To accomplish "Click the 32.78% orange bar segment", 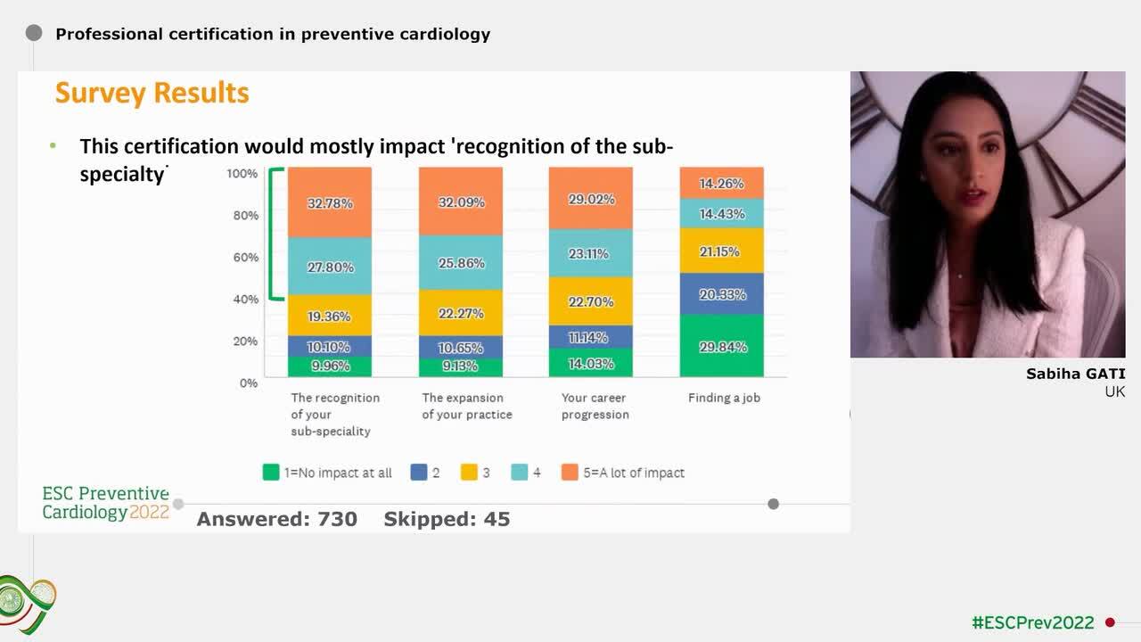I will click(330, 203).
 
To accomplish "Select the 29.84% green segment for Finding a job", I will click(722, 346).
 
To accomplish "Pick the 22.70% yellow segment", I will click(590, 301).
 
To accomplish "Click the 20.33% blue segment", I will click(722, 294).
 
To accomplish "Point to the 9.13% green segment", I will click(461, 366).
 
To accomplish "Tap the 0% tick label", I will click(248, 383).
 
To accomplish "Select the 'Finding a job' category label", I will click(724, 398).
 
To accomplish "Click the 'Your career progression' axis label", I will click(595, 406).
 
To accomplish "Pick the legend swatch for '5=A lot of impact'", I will click(570, 473).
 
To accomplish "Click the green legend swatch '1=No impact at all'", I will click(271, 473).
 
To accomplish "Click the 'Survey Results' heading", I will click(152, 93).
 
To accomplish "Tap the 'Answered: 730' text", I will click(276, 519).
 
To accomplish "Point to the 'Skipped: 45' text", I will click(447, 519).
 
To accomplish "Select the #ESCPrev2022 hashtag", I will click(1032, 622).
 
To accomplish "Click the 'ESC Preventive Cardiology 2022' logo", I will click(105, 503).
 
